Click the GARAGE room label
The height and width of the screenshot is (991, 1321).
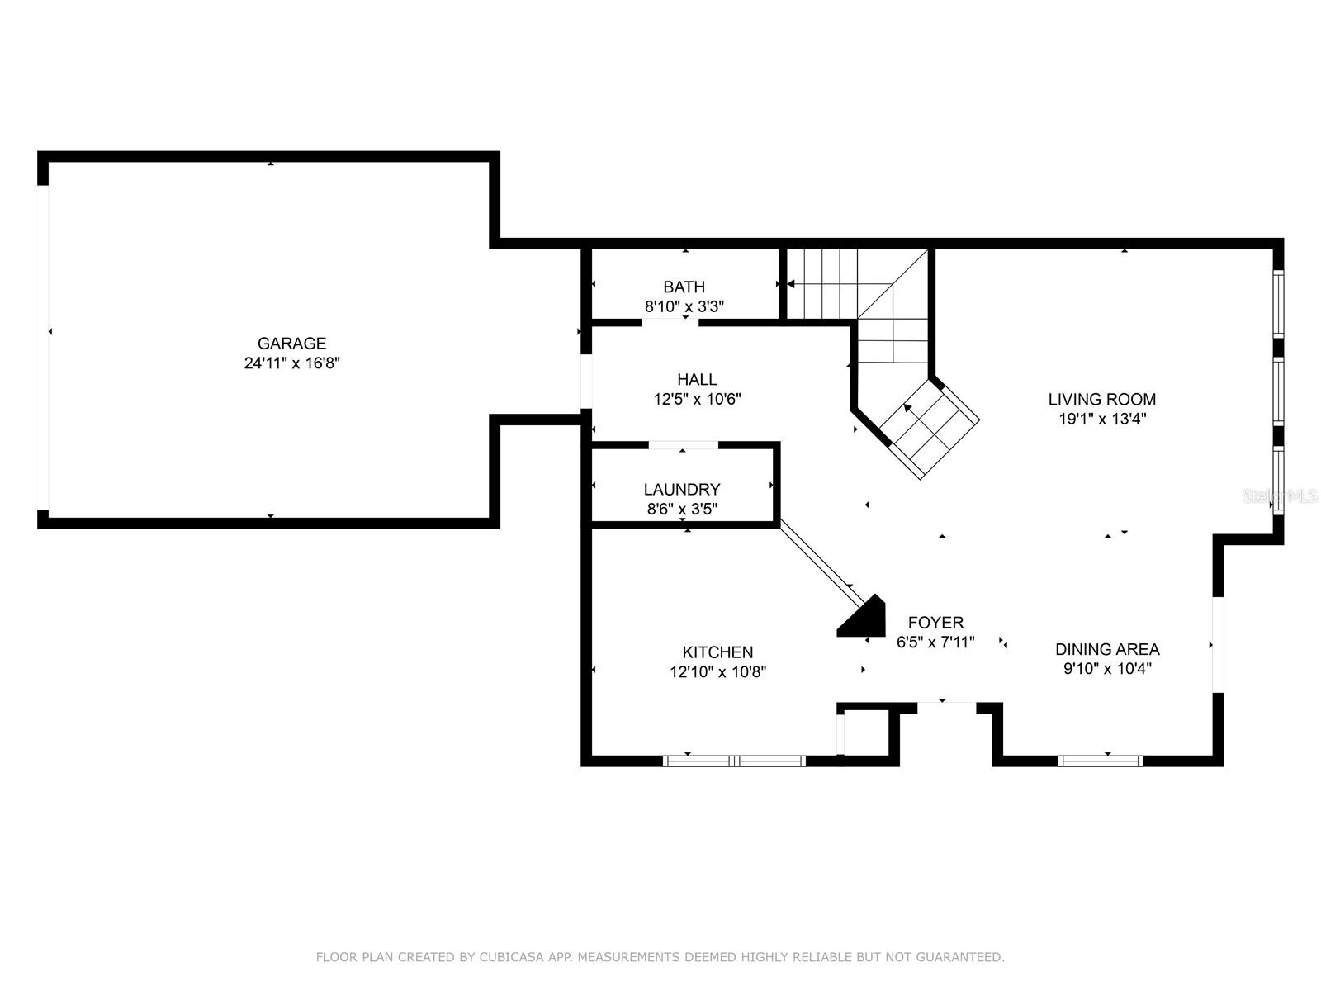click(x=292, y=343)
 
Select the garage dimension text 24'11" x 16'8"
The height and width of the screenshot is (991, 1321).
click(x=292, y=363)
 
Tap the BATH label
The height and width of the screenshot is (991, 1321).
click(x=684, y=287)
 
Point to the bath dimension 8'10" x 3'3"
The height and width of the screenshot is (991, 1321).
click(x=684, y=306)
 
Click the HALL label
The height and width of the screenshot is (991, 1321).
click(x=697, y=379)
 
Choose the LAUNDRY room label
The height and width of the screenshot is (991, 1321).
click(x=682, y=489)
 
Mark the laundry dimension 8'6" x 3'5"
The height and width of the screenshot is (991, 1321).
click(x=682, y=509)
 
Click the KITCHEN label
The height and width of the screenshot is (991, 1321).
click(x=717, y=652)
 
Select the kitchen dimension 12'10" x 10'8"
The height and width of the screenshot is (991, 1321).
click(x=717, y=671)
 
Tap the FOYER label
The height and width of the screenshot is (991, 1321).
click(x=935, y=622)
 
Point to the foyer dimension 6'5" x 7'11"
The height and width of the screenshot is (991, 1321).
click(x=935, y=642)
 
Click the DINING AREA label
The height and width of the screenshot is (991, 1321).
click(x=1107, y=649)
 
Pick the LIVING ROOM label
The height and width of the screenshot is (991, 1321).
click(x=1102, y=399)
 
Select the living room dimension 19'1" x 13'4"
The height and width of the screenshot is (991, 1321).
click(x=1102, y=419)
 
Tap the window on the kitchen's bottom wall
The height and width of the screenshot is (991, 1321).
click(x=734, y=761)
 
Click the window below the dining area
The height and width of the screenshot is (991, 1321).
click(x=1100, y=761)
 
